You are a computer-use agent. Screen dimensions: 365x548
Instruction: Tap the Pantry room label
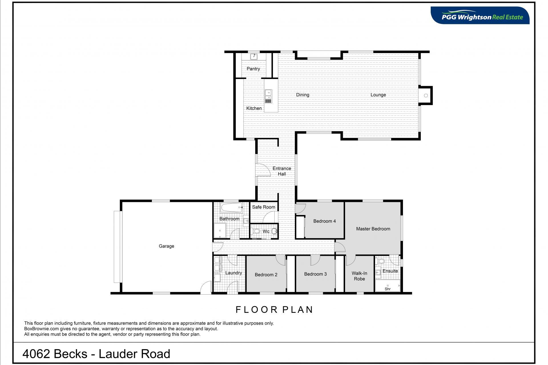tap(253, 69)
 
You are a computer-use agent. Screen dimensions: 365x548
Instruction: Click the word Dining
tap(303, 95)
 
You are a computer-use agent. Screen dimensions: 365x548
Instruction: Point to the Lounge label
tap(378, 95)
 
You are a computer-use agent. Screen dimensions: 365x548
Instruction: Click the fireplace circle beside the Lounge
tap(426, 96)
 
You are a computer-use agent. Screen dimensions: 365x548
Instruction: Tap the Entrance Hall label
tap(282, 171)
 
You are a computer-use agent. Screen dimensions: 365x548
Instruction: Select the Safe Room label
tap(263, 207)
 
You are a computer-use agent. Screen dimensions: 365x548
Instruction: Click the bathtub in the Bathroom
tap(231, 207)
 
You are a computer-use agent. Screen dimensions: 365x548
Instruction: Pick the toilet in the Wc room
tap(256, 231)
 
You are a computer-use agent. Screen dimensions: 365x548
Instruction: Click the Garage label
tap(166, 246)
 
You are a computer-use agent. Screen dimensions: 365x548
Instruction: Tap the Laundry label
tap(233, 273)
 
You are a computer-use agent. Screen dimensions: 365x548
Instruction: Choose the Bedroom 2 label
tap(266, 275)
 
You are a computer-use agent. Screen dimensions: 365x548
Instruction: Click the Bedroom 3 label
tap(315, 274)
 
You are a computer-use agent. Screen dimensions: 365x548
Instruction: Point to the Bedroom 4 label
tap(325, 221)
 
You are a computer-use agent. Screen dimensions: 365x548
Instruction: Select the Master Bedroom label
tap(373, 229)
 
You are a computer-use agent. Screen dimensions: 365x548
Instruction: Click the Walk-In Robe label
tap(359, 276)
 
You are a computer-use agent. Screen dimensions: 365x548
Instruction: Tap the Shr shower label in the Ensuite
tap(388, 289)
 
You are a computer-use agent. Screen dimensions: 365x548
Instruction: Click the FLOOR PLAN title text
tap(274, 310)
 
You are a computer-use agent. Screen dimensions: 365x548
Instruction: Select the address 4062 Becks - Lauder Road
tap(96, 354)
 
